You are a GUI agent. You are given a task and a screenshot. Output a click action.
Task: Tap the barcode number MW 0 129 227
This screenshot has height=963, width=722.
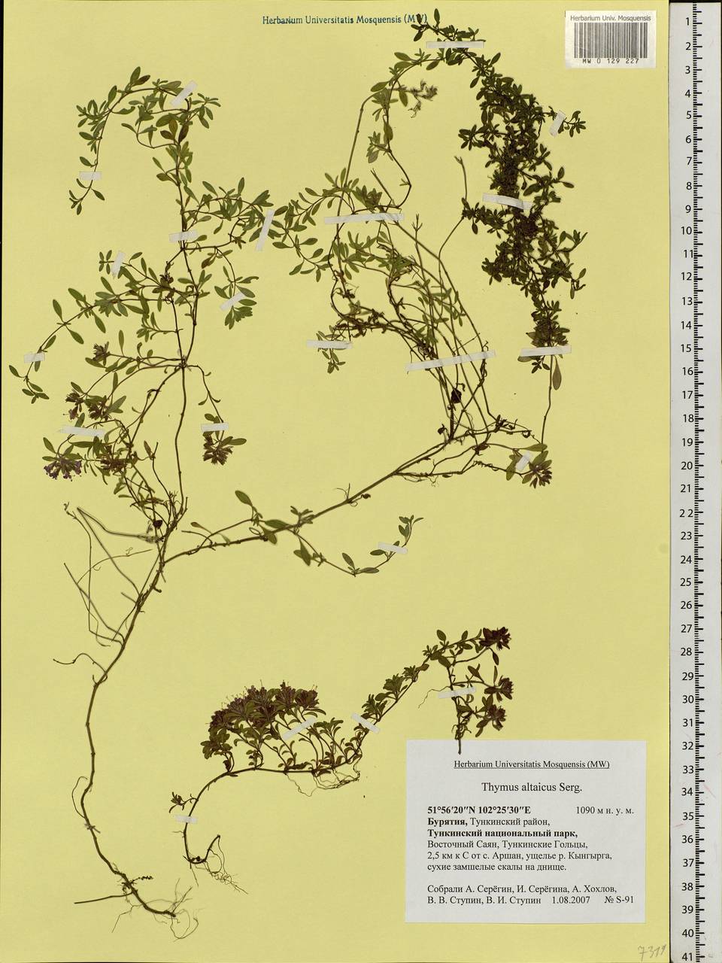point(610,63)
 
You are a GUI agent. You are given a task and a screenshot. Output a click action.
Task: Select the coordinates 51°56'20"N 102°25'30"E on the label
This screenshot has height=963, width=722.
point(479,811)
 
